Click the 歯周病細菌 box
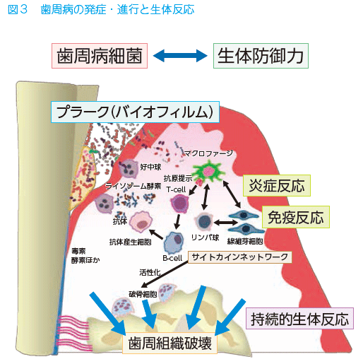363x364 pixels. (x=100, y=56)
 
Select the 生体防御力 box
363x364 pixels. (x=261, y=56)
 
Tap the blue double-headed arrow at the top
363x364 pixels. (x=180, y=56)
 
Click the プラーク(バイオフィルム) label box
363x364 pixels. (x=135, y=112)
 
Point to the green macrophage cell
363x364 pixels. (x=208, y=171)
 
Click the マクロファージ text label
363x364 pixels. (x=208, y=153)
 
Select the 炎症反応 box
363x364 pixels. (x=277, y=185)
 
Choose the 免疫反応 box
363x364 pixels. (x=296, y=217)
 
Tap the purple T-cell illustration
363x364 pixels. (x=179, y=203)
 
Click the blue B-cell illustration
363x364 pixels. (x=174, y=242)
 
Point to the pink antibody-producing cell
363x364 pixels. (x=141, y=221)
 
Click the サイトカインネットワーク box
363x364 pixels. (x=240, y=257)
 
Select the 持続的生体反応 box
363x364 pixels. (x=299, y=318)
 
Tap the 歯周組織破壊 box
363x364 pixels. (x=169, y=343)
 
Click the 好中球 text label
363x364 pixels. (x=150, y=167)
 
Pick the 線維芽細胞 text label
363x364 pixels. (x=245, y=241)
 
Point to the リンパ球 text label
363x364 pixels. (x=206, y=237)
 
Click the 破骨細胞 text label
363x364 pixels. (x=143, y=294)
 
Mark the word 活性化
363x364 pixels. (x=150, y=272)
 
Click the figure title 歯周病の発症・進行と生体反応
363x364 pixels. (x=117, y=10)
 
